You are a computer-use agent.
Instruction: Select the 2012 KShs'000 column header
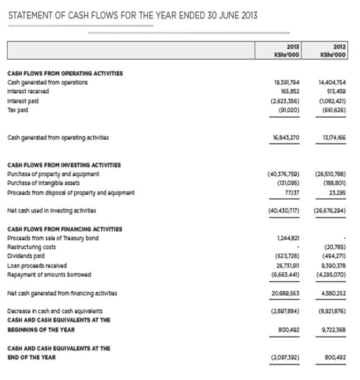point(334,51)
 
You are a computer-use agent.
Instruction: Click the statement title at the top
point(133,15)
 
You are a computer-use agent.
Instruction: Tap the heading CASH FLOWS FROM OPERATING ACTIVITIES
point(65,73)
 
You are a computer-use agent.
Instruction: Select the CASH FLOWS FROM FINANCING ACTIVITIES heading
point(64,229)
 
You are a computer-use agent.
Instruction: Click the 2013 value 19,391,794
point(285,83)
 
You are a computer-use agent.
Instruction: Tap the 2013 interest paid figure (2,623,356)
point(284,101)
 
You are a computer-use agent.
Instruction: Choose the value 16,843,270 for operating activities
point(285,137)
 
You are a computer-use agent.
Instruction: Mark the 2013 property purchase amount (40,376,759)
point(284,174)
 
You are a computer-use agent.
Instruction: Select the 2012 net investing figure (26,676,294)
point(332,211)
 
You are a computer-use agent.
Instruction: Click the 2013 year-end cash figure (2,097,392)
point(285,357)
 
